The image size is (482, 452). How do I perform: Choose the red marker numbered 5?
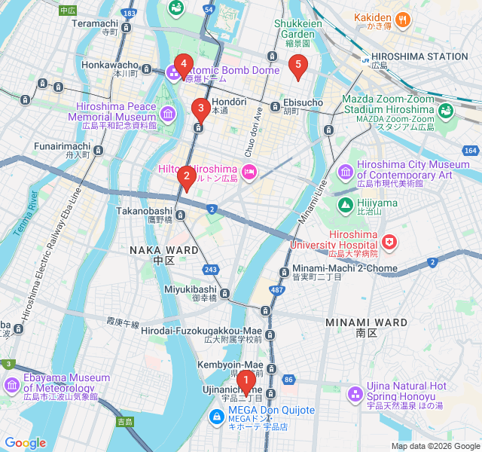(298, 66)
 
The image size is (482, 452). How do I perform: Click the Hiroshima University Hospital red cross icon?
(389, 242)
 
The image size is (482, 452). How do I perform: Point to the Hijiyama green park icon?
(345, 204)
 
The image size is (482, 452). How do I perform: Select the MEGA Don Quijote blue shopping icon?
(215, 415)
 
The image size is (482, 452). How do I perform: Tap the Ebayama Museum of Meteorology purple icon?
(11, 386)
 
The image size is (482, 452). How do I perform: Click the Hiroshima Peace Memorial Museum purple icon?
(166, 115)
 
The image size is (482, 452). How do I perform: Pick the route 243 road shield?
(210, 269)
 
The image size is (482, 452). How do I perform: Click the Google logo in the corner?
(25, 443)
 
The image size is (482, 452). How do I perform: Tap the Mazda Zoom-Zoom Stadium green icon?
(446, 111)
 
